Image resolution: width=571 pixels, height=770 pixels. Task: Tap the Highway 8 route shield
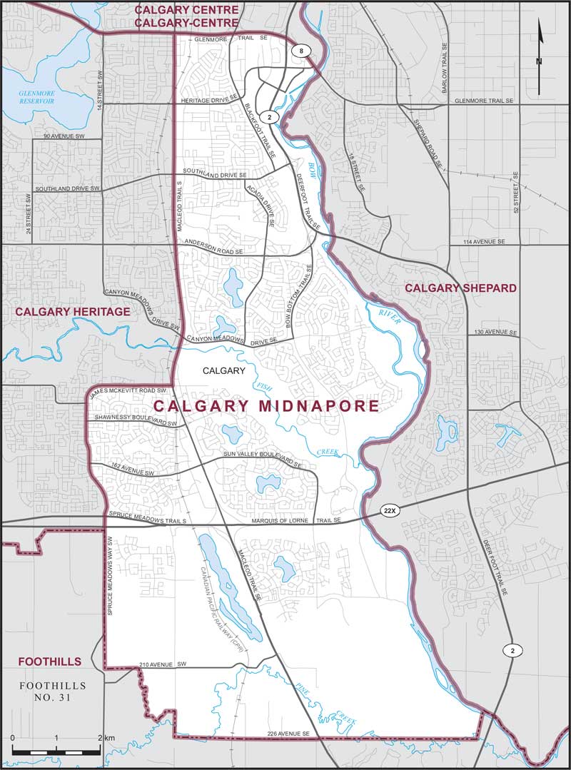(x=302, y=50)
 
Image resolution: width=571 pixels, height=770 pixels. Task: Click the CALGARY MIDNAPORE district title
(x=266, y=406)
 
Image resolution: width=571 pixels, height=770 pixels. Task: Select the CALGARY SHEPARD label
(x=460, y=288)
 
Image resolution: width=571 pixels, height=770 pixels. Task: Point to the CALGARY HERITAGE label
(x=73, y=312)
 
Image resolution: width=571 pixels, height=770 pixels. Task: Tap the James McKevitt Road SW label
(x=128, y=391)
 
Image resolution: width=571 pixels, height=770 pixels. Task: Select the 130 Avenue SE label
(x=495, y=333)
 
